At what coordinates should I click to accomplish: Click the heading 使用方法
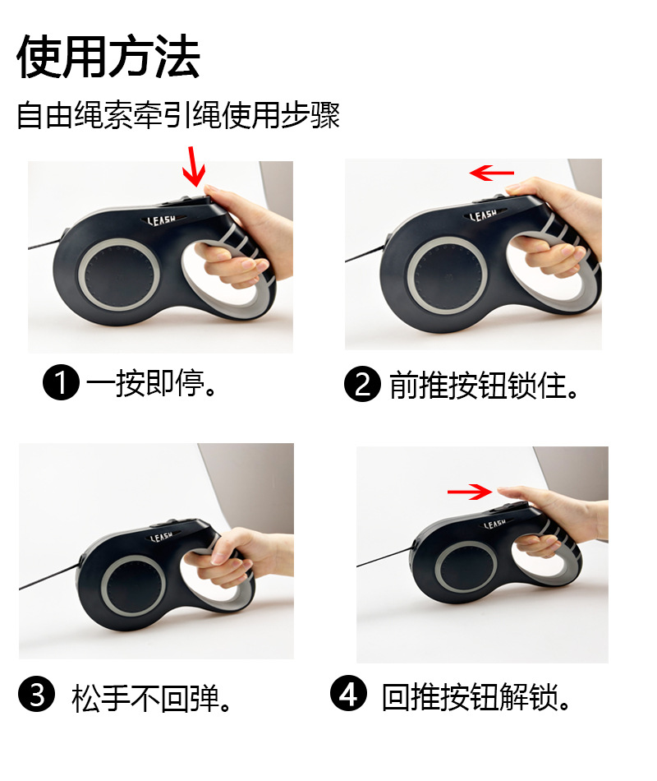coord(108,58)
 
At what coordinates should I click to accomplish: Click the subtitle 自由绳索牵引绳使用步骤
coord(178,115)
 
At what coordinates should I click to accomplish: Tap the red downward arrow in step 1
coord(195,166)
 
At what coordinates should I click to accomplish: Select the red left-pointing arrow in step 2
coord(491,173)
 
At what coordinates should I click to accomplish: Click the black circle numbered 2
coord(362,384)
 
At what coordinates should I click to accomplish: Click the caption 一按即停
coord(152,384)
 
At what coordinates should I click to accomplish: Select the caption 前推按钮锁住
coord(484,384)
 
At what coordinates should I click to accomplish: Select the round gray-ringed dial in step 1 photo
coord(116,275)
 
